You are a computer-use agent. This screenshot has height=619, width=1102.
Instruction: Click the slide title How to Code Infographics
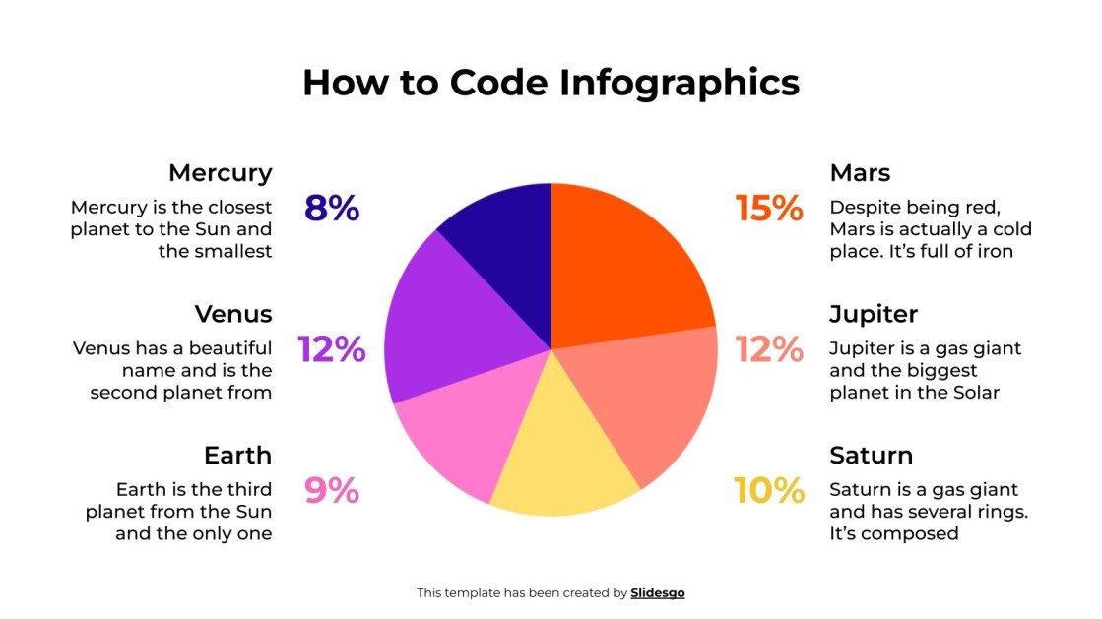551,83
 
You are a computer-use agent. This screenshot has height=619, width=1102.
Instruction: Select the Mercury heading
220,173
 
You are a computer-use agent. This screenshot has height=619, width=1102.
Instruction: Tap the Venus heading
232,314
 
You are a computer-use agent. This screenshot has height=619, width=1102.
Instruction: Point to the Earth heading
237,456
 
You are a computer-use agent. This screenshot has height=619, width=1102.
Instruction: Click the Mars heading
860,173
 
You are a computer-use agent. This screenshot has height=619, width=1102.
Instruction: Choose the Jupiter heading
873,314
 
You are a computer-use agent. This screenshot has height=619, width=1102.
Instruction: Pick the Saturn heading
871,456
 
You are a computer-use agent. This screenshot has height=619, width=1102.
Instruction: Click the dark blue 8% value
332,209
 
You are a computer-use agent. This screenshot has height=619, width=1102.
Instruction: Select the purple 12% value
332,349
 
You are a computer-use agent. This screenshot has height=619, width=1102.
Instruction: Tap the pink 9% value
332,490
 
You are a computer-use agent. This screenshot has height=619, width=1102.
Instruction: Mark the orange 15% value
769,209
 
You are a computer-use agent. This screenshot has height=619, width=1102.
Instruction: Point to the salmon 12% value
769,349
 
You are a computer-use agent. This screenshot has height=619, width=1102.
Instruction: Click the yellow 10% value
769,490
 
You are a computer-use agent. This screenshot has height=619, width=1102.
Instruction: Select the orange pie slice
620,266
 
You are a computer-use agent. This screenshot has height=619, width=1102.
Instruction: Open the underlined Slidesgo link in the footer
657,593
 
